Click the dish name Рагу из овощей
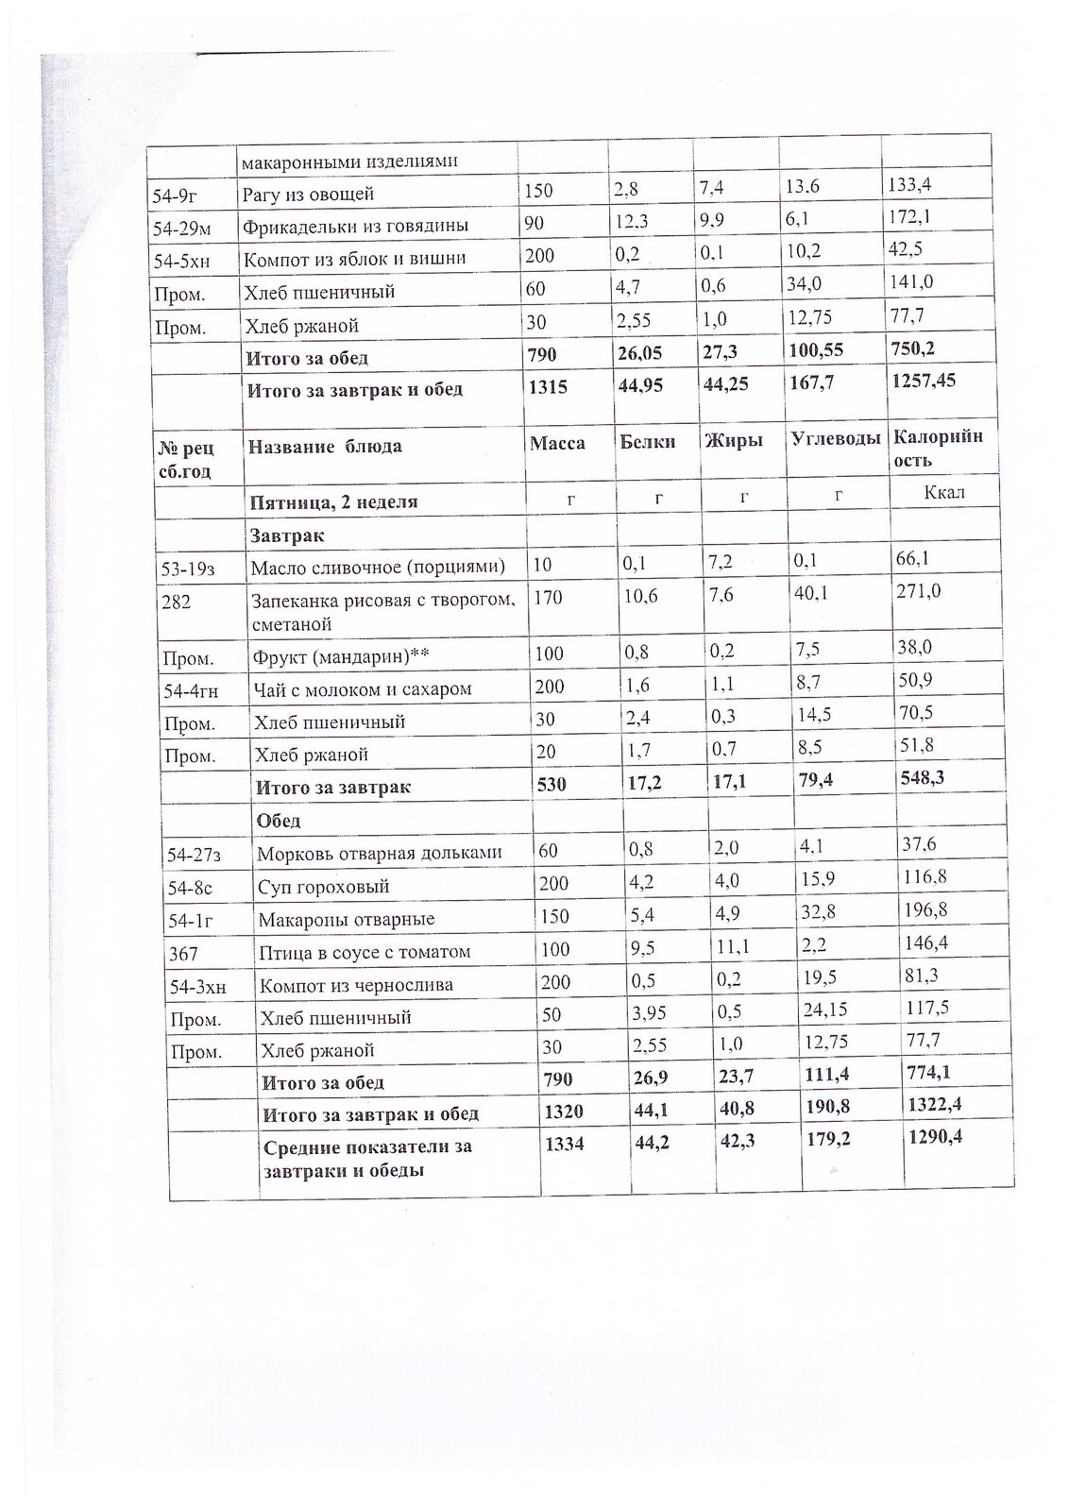click(309, 195)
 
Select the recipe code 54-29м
click(184, 227)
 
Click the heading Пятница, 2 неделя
click(331, 502)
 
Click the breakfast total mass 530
click(551, 785)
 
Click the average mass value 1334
click(559, 1144)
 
